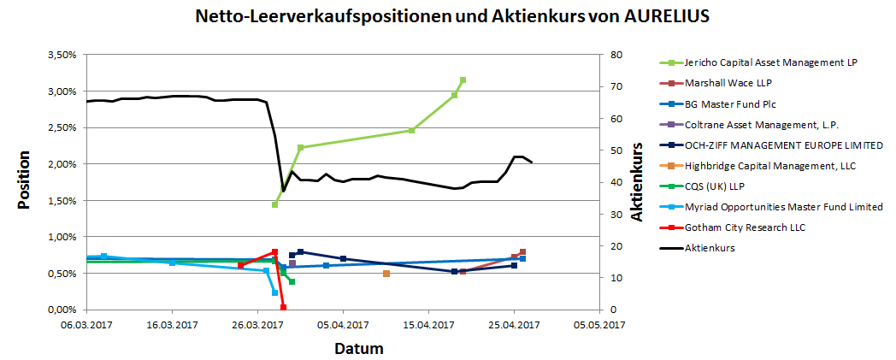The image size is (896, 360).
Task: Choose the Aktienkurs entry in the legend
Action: pyautogui.click(x=710, y=247)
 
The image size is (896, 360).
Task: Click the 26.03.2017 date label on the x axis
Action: pyautogui.click(x=257, y=326)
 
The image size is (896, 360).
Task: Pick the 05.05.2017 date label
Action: pyautogui.click(x=598, y=326)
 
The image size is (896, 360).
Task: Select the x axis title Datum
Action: pyautogui.click(x=358, y=348)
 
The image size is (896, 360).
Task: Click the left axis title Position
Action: pyautogui.click(x=24, y=181)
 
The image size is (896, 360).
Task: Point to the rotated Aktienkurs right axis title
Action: pyautogui.click(x=637, y=182)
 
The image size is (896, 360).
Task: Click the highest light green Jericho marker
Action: pyautogui.click(x=463, y=80)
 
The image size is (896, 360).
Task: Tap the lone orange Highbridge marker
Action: pyautogui.click(x=386, y=274)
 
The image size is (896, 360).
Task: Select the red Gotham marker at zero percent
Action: pyautogui.click(x=283, y=307)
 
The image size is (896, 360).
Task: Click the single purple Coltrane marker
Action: pyautogui.click(x=292, y=263)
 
